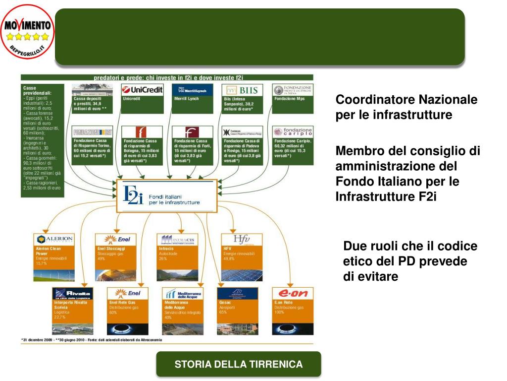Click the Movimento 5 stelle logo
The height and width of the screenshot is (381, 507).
click(x=28, y=31)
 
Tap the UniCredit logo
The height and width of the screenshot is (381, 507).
click(x=142, y=90)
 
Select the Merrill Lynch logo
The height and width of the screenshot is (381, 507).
click(x=192, y=90)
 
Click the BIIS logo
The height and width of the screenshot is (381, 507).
click(x=242, y=90)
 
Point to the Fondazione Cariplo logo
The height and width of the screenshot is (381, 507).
click(x=293, y=132)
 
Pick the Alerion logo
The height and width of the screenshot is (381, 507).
click(x=54, y=240)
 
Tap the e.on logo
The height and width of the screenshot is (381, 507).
click(x=293, y=293)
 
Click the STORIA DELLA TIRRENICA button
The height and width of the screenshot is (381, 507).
click(x=238, y=365)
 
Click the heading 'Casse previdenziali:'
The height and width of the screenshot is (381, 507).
click(x=37, y=90)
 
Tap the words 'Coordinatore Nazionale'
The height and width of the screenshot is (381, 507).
click(x=406, y=100)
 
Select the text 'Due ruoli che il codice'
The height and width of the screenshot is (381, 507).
click(x=410, y=246)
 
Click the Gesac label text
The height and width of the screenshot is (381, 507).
click(x=225, y=302)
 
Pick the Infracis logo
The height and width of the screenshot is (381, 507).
click(x=177, y=240)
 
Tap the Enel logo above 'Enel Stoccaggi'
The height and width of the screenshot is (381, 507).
click(x=116, y=240)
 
